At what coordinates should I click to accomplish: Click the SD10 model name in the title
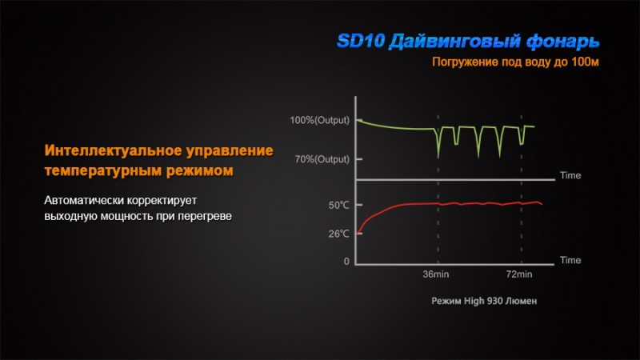(x=361, y=41)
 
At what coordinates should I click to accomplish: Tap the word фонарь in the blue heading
(x=562, y=42)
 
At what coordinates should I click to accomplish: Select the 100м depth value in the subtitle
(x=585, y=62)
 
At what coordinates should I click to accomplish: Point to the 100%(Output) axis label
(x=319, y=121)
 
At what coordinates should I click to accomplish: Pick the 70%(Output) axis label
(x=322, y=159)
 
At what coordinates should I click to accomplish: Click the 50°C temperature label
(x=338, y=206)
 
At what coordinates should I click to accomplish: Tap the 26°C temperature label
(x=338, y=234)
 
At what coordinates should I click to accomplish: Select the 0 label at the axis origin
(x=346, y=262)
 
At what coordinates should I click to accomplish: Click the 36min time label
(x=435, y=274)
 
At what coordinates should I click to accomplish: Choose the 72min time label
(x=518, y=274)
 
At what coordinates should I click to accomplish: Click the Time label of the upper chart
(x=570, y=175)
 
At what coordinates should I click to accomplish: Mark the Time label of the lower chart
(x=570, y=261)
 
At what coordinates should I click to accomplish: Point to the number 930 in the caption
(x=494, y=302)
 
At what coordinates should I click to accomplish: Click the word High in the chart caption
(x=474, y=302)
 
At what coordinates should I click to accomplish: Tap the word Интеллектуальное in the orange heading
(x=113, y=150)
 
